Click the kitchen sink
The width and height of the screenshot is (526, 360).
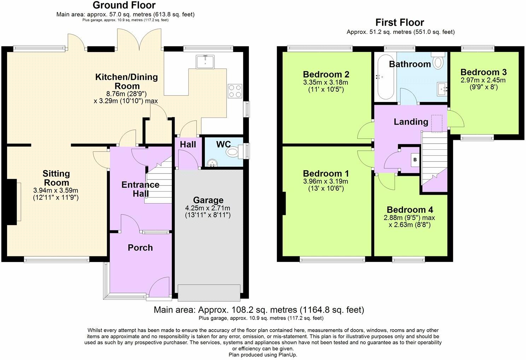point(205,62)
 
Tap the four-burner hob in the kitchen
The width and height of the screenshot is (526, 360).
point(235,91)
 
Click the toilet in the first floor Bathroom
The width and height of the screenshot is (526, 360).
point(438,61)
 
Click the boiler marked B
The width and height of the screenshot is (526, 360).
point(415,160)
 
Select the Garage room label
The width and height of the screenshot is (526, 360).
point(208,200)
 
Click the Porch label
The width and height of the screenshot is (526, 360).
point(140,247)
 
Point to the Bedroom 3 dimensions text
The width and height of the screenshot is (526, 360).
point(483,84)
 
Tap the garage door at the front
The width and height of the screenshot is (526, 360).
point(209,293)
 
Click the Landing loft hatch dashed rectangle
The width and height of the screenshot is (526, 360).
point(437,124)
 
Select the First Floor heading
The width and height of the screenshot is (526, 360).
point(400,23)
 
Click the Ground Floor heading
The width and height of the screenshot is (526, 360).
point(124,5)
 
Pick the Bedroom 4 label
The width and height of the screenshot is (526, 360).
point(410,210)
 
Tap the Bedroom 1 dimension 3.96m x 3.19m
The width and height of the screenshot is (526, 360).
point(326,181)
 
